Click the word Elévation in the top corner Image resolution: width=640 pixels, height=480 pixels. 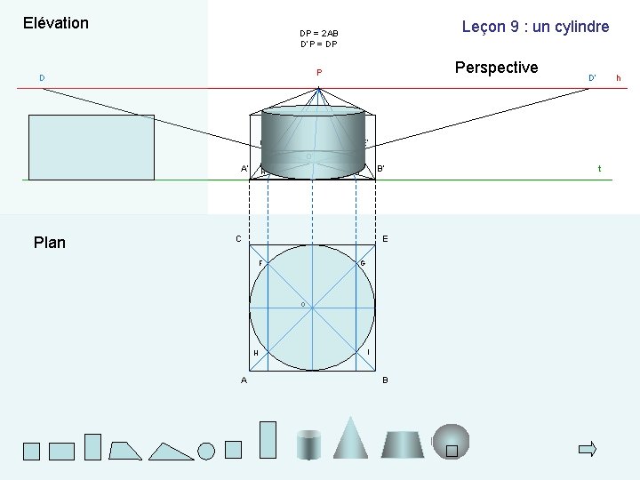(x=55, y=23)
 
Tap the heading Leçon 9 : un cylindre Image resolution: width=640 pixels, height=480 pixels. (x=535, y=27)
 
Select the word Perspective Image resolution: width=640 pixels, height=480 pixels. (x=496, y=68)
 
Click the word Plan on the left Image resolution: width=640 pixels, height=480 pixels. (x=49, y=243)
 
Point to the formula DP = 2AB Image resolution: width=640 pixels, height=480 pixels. (x=319, y=34)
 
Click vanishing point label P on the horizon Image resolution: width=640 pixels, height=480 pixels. (x=318, y=72)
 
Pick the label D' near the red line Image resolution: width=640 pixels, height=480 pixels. (x=592, y=78)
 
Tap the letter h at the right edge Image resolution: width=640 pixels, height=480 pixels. (x=619, y=79)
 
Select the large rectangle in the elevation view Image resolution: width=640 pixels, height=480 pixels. (x=92, y=148)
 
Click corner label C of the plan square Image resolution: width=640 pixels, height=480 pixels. (x=238, y=238)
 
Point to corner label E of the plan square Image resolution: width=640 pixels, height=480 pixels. (x=385, y=238)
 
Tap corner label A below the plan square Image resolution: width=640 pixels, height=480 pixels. (x=244, y=380)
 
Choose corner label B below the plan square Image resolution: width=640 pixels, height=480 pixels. (x=385, y=380)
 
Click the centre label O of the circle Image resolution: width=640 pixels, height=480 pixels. (x=302, y=305)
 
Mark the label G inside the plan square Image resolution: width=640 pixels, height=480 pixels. (x=363, y=263)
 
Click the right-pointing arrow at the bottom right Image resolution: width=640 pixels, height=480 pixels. (x=587, y=449)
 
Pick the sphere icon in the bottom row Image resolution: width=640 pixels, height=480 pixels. (x=451, y=440)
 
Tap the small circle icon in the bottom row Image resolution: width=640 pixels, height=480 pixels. (x=206, y=451)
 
